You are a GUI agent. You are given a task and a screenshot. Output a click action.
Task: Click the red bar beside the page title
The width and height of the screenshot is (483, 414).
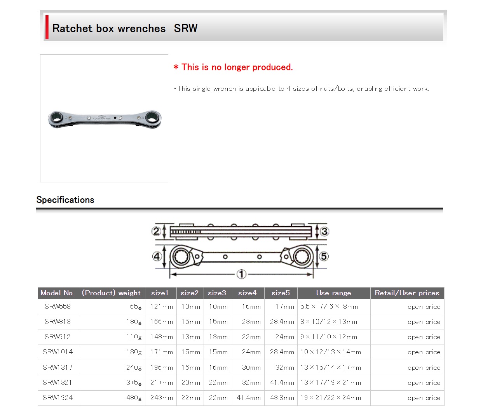[x=47, y=27]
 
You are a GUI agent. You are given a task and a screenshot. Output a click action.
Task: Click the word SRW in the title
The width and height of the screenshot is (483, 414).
[x=185, y=28]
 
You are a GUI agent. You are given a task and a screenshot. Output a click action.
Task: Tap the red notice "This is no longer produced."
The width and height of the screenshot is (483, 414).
[x=233, y=67]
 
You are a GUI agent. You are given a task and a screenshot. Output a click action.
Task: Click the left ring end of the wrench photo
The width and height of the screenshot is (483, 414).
[x=57, y=119]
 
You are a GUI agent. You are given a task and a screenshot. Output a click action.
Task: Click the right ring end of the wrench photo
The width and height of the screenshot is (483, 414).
[x=153, y=119]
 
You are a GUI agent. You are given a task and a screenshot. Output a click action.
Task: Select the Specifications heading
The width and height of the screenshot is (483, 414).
[x=65, y=200]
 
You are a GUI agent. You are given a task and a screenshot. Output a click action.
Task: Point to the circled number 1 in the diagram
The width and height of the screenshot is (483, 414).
[x=241, y=274]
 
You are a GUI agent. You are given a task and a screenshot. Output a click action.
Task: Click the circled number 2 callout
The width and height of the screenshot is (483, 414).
[x=156, y=231]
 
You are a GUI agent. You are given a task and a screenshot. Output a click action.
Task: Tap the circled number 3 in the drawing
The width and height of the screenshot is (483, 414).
[x=324, y=232]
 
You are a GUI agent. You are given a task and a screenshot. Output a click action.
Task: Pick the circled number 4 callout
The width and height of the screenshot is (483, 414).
[x=157, y=256]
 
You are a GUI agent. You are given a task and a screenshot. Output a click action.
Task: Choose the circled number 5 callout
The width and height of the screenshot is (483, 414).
[x=324, y=256]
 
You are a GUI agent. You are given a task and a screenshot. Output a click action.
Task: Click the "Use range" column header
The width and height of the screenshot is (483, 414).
[x=333, y=293]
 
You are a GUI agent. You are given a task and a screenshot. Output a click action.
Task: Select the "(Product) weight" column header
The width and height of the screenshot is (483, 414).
[x=111, y=293]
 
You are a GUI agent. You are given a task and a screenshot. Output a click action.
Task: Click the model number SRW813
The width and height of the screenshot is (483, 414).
[x=58, y=321]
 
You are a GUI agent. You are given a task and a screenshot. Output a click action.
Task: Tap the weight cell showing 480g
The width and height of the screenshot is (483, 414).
[x=134, y=397]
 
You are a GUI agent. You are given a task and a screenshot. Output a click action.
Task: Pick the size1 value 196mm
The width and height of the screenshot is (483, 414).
[x=162, y=367]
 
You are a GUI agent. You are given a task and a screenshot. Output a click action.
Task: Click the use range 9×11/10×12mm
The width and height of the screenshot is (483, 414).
[x=329, y=336]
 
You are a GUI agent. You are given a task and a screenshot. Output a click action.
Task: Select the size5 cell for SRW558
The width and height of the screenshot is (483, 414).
[x=284, y=306]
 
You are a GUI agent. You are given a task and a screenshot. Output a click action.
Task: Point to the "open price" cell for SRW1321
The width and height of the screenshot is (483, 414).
[x=424, y=383]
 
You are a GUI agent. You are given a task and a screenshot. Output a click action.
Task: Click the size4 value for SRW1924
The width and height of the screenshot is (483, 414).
[x=249, y=397]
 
